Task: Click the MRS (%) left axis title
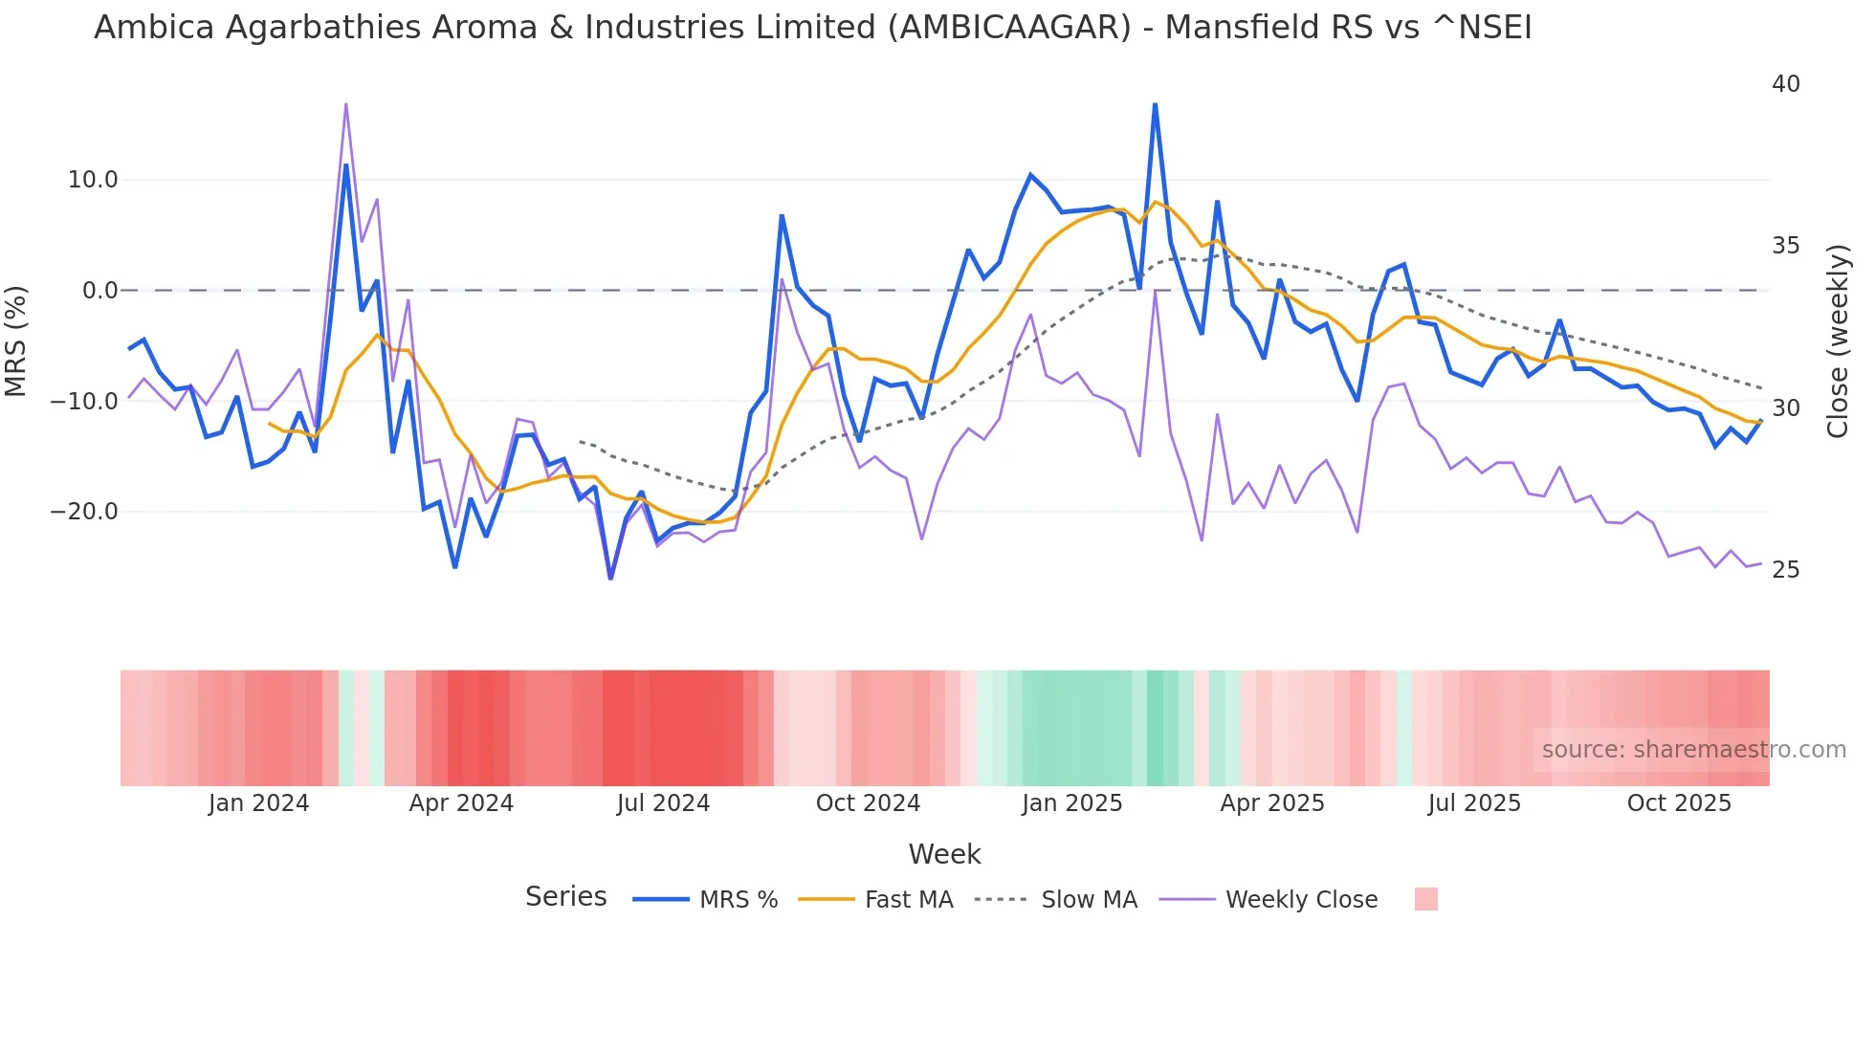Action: (x=16, y=341)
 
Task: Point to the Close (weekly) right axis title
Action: (x=1837, y=341)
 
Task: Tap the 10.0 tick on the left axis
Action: (x=93, y=180)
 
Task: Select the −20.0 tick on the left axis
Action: (x=84, y=512)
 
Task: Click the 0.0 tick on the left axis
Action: (x=99, y=291)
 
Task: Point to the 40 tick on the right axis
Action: (x=1785, y=84)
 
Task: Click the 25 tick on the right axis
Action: (x=1785, y=570)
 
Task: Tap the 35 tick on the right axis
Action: (x=1785, y=246)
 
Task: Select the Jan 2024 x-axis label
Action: (x=258, y=803)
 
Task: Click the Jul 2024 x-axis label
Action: (x=663, y=803)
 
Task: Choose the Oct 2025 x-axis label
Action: (x=1679, y=803)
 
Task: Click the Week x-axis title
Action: (x=944, y=854)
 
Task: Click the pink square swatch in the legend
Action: (x=1425, y=899)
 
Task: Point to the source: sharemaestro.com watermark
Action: (x=1693, y=750)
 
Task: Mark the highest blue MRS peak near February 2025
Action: (x=1155, y=105)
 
